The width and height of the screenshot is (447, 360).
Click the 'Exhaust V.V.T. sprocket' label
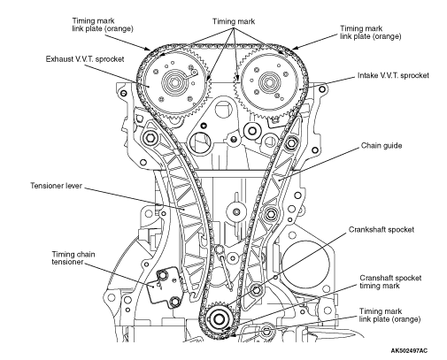click(85, 59)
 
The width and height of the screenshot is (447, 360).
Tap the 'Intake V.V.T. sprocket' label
click(393, 75)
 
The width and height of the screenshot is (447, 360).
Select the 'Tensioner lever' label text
click(56, 186)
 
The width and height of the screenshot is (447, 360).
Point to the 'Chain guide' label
click(381, 146)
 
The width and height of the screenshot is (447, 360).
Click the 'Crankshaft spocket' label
click(381, 229)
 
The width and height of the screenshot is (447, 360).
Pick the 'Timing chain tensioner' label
click(73, 258)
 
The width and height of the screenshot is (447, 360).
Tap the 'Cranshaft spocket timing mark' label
click(390, 281)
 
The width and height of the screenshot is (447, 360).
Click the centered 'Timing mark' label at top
click(234, 21)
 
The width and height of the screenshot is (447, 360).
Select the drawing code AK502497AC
click(409, 350)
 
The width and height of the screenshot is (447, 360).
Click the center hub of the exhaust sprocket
click(173, 81)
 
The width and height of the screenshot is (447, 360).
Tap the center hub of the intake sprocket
click(268, 82)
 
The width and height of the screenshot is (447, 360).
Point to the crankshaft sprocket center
click(219, 318)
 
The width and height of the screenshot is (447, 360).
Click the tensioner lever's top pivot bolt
click(149, 137)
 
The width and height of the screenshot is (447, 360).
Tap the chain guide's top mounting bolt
click(290, 143)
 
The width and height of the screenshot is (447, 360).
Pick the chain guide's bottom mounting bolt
click(256, 290)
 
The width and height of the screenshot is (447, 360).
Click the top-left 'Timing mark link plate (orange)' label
click(103, 25)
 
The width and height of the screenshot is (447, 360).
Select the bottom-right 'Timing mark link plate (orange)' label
click(389, 315)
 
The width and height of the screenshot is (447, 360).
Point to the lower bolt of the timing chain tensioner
click(175, 302)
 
